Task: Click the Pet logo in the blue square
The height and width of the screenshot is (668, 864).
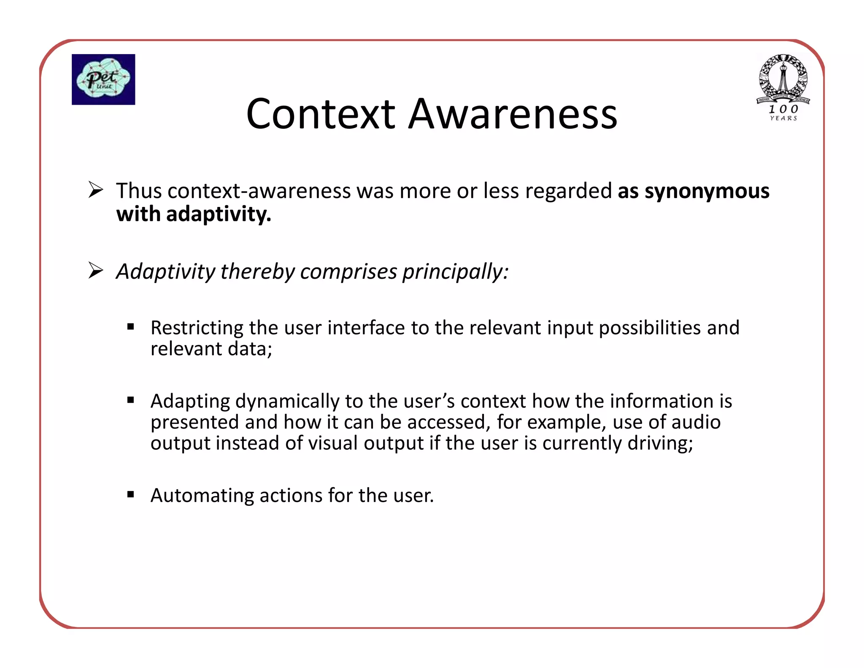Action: click(x=103, y=79)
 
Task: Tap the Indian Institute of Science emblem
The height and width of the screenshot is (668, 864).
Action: click(x=783, y=79)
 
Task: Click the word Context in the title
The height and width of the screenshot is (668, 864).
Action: click(x=320, y=114)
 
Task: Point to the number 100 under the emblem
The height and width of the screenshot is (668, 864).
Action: click(x=783, y=109)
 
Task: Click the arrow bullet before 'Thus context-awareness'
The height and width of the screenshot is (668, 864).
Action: click(x=96, y=190)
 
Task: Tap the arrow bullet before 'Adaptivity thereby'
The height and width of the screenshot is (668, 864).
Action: click(x=96, y=271)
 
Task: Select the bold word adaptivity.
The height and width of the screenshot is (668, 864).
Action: click(x=219, y=214)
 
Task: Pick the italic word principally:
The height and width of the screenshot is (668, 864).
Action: click(x=455, y=272)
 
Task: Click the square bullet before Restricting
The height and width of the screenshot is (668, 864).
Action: click(x=131, y=326)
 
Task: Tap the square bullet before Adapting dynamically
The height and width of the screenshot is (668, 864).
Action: click(x=131, y=400)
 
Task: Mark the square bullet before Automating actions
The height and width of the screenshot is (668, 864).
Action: click(x=131, y=494)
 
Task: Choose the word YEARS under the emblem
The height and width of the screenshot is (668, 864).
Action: click(x=783, y=119)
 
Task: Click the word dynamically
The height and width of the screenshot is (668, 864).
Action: click(x=287, y=402)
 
